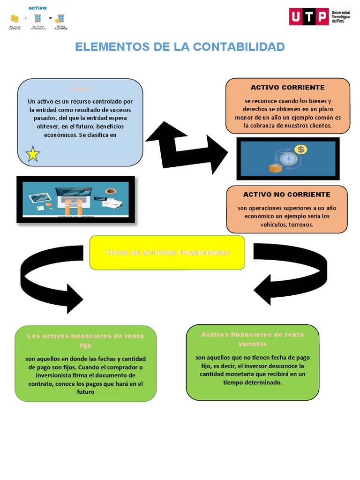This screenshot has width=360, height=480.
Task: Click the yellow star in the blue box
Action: click(x=33, y=154)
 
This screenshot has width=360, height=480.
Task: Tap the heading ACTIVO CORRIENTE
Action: click(x=287, y=87)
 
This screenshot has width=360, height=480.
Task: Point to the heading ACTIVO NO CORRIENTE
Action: click(x=286, y=194)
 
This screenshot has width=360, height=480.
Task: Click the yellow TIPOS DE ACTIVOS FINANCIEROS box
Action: click(x=167, y=253)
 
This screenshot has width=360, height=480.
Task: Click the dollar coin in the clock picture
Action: click(x=300, y=150)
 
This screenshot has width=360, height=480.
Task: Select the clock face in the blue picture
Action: click(x=289, y=158)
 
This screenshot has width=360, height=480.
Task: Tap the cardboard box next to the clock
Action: click(x=275, y=167)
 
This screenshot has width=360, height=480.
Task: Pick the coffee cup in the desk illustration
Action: click(x=110, y=191)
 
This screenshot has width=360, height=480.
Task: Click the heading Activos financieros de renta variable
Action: click(x=252, y=339)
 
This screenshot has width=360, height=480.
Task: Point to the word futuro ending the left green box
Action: click(x=85, y=392)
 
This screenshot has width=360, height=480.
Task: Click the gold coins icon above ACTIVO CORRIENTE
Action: click(x=15, y=18)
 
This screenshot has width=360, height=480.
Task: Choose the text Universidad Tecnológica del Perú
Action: click(x=340, y=17)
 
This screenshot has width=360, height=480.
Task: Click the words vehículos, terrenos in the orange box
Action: click(x=286, y=225)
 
